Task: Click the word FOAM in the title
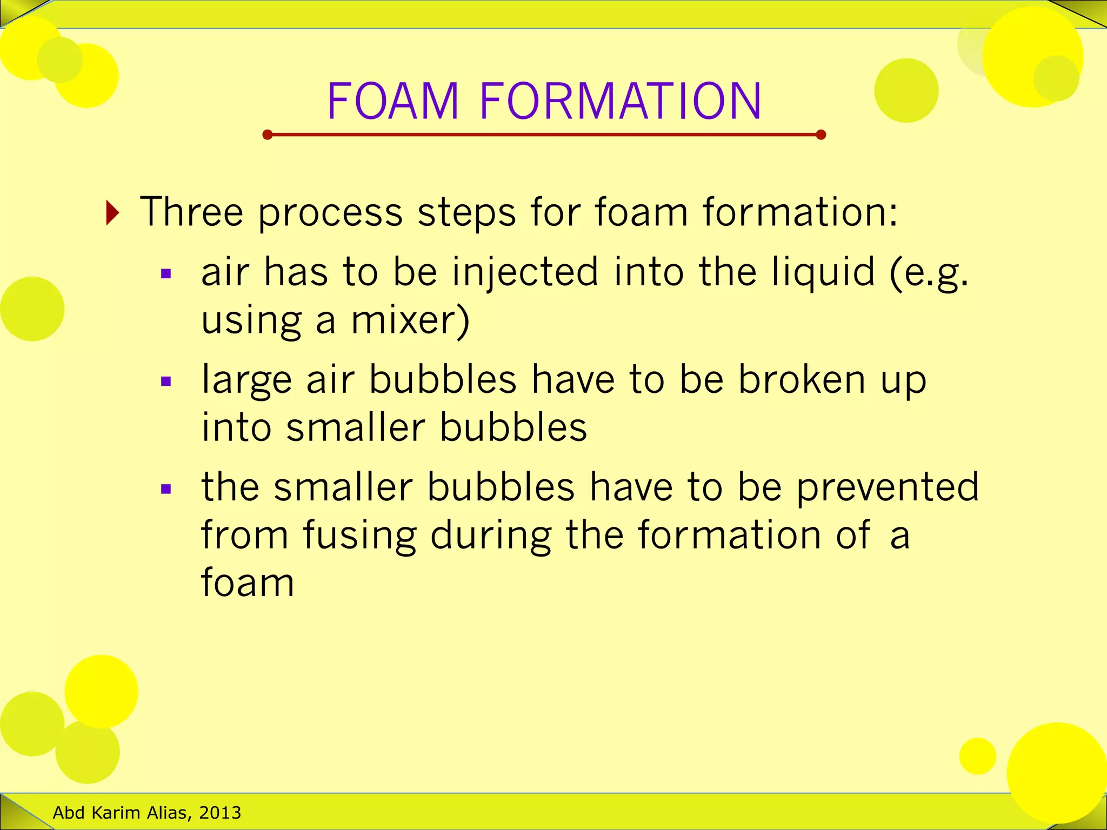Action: (393, 101)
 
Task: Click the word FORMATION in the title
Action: (620, 101)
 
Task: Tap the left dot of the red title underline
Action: (267, 135)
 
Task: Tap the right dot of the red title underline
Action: (821, 135)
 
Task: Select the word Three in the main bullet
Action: (191, 212)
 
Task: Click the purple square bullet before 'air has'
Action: (166, 274)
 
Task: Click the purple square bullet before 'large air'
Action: (166, 382)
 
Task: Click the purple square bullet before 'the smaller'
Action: (166, 490)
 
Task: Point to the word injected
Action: (525, 272)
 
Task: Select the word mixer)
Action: (410, 320)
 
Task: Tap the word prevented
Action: (888, 487)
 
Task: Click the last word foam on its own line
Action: (248, 583)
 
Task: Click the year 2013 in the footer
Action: (219, 813)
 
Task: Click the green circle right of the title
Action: (906, 91)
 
